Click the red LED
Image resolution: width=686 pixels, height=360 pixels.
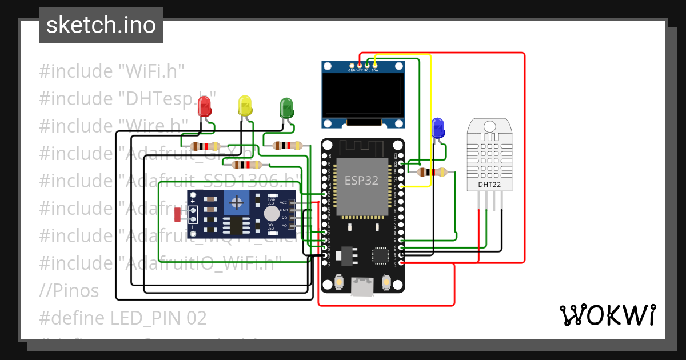point(204,106)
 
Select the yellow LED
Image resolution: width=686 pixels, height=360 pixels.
point(245,106)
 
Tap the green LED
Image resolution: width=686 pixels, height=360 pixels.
point(286,107)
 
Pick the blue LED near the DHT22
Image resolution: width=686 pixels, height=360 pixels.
point(438,127)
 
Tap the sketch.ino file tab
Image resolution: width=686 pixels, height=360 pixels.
point(101,25)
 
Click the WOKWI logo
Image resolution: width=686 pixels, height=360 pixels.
point(607,315)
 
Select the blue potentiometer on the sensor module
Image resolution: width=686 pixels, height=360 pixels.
point(236,201)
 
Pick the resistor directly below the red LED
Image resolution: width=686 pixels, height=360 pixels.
point(205,146)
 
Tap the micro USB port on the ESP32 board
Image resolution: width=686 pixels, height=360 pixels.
point(361,286)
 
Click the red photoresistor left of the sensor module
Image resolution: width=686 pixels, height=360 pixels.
point(177,215)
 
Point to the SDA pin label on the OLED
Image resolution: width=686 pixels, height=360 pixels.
point(375,70)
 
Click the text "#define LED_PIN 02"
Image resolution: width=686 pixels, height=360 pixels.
point(123,318)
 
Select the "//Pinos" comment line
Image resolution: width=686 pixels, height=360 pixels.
point(69,290)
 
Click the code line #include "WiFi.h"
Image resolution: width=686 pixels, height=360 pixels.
point(111,71)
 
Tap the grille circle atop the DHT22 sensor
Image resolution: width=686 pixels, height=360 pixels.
point(490,126)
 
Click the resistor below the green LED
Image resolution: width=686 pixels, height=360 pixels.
point(288,145)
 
